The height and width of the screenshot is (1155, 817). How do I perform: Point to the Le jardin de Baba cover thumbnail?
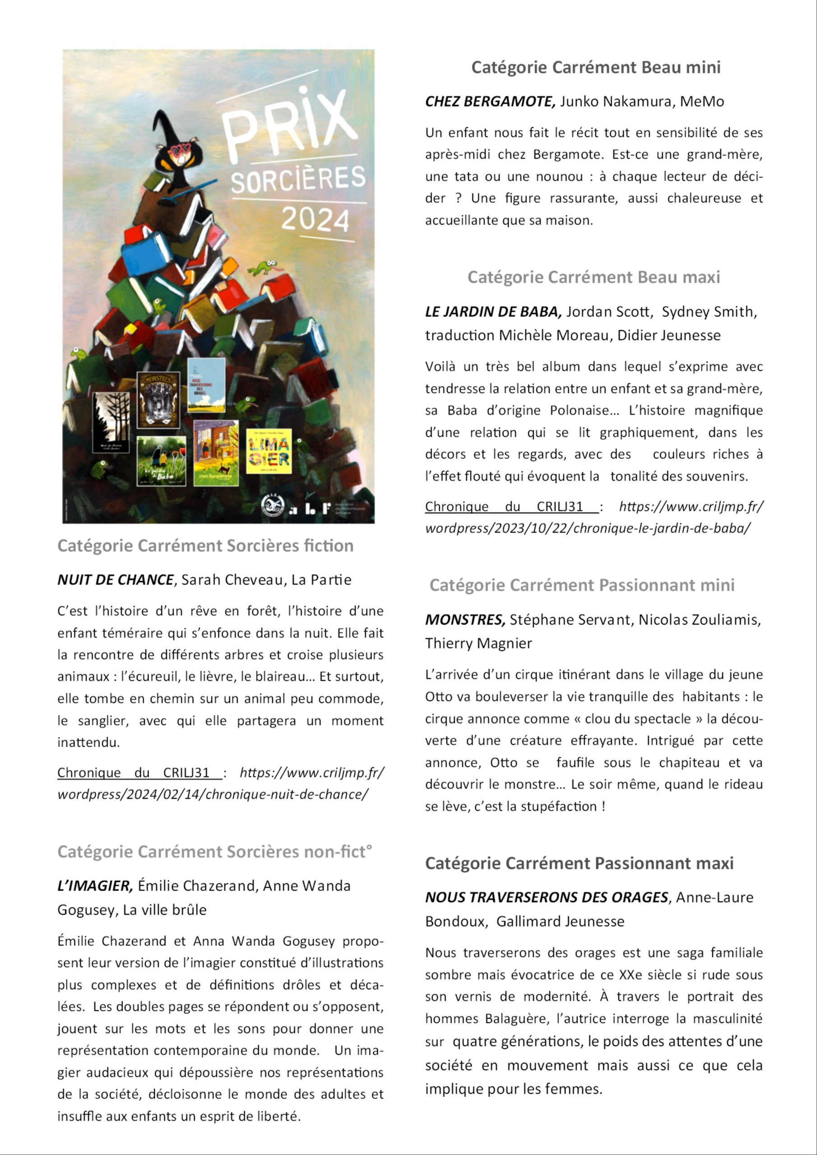click(161, 461)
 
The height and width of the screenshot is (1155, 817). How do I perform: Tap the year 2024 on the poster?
click(315, 219)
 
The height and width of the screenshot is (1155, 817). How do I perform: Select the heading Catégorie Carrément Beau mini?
click(595, 67)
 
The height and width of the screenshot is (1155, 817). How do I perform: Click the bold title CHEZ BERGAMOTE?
click(490, 102)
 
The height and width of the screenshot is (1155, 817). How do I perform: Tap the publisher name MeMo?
click(702, 102)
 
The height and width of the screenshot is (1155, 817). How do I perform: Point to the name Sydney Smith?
click(709, 312)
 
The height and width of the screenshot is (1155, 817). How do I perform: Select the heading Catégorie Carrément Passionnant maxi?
click(579, 863)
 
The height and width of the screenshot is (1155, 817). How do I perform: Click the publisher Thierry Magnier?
click(478, 643)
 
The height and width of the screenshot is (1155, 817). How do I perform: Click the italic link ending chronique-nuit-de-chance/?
click(213, 795)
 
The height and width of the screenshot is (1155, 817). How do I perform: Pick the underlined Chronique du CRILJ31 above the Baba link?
click(511, 507)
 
